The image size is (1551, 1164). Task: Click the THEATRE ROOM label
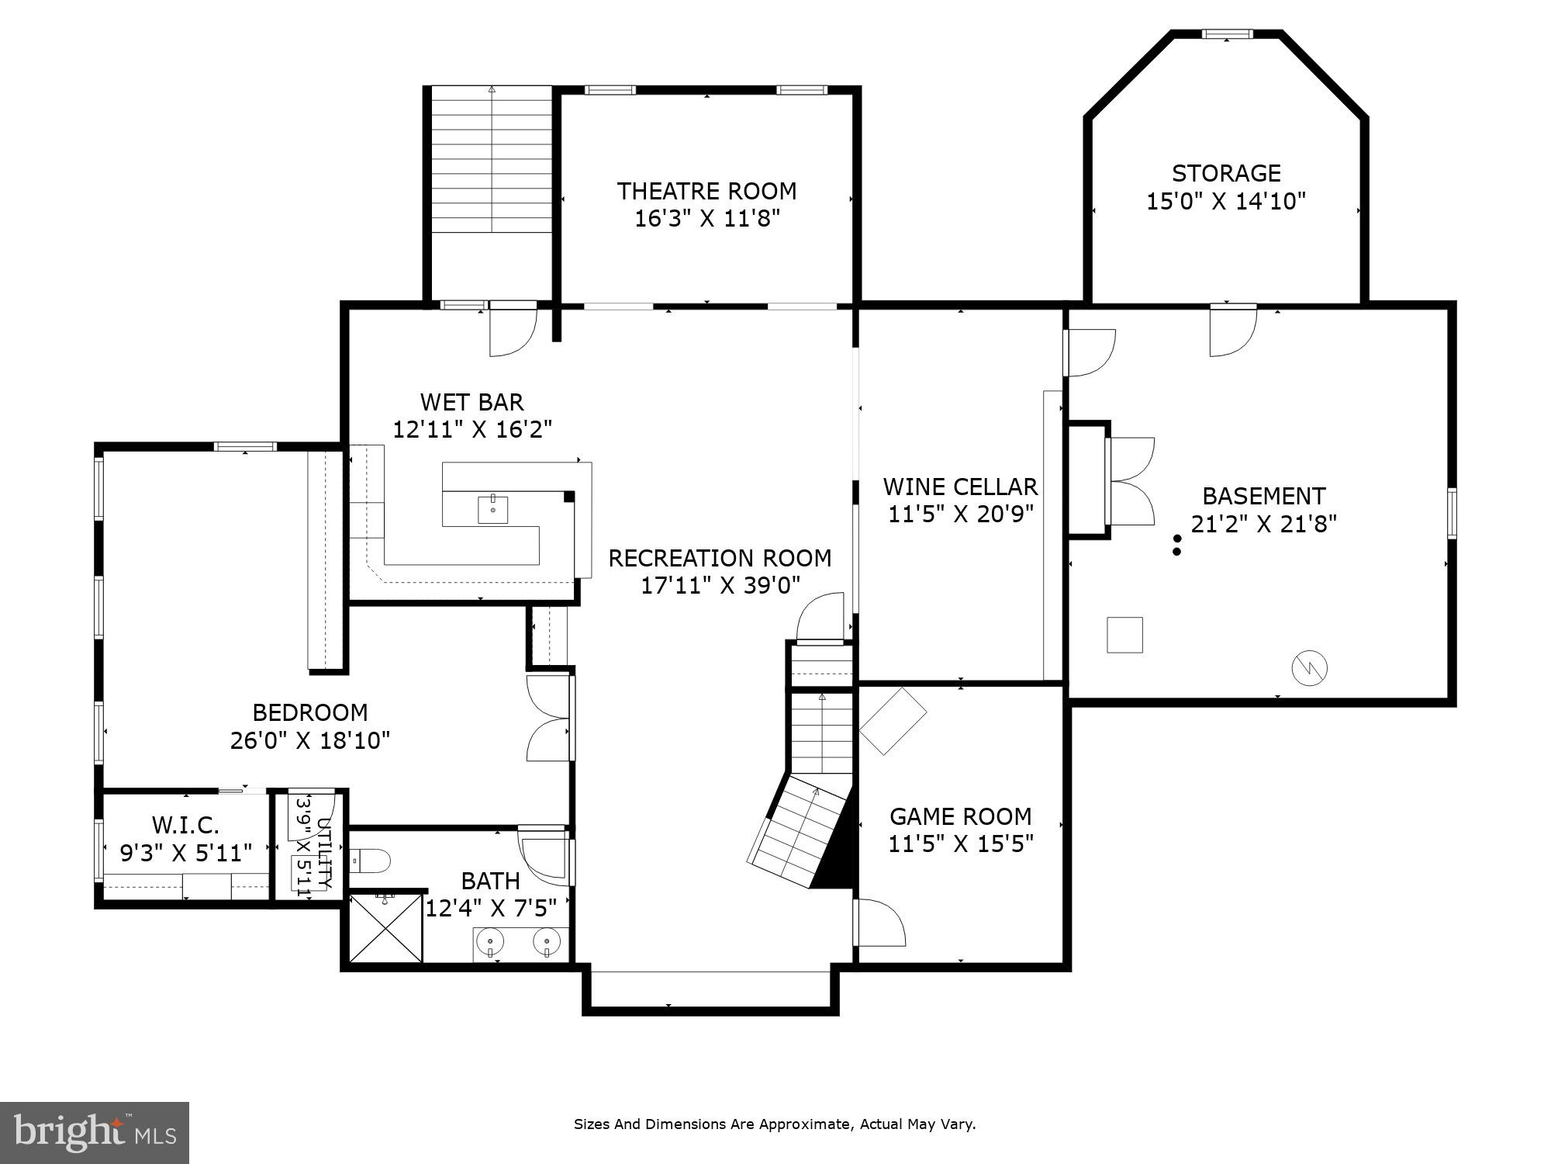point(706,191)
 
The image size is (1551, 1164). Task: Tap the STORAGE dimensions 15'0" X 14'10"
point(1226,202)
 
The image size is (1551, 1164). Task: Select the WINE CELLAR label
point(960,487)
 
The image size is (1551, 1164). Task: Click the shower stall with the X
point(385,928)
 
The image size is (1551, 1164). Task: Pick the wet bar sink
point(492,509)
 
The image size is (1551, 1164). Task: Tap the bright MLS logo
point(94,1132)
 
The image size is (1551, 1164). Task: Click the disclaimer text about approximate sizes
point(774,1124)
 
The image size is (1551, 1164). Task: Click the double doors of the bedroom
point(549,718)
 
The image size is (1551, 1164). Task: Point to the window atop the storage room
point(1227,34)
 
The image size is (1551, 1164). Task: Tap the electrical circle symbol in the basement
point(1309,668)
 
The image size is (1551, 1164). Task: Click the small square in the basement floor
point(1124,635)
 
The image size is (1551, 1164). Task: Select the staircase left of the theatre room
point(492,160)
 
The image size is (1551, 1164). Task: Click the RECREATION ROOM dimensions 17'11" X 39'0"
point(720,585)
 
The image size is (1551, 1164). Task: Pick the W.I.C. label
point(185,824)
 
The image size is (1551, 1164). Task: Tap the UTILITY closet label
point(325,854)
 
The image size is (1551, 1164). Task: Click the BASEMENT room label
point(1263,496)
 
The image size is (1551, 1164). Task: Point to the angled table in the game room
point(893,720)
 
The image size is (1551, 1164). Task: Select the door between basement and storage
point(1233,330)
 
